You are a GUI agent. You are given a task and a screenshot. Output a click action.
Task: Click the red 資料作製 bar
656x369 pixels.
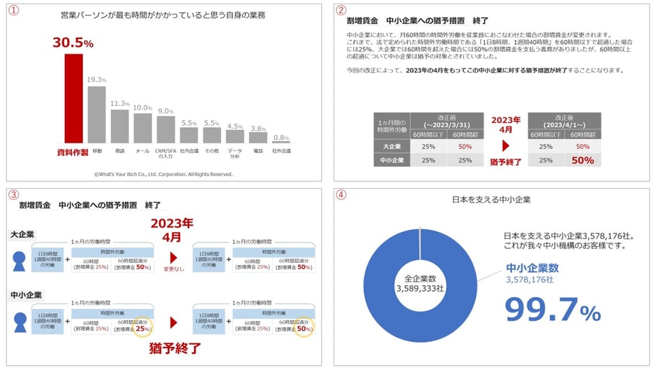tap(73, 97)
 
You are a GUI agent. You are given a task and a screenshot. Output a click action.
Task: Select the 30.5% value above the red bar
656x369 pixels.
tap(73, 43)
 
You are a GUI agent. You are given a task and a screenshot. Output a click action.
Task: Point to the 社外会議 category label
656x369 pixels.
tap(281, 150)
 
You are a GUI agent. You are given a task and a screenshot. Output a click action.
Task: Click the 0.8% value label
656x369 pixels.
tap(281, 138)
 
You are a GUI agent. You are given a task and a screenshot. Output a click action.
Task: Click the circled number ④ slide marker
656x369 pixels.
tap(341, 196)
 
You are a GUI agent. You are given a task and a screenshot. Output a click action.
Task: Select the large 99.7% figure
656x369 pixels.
tap(552, 310)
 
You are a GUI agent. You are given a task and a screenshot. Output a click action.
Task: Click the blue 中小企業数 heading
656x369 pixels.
tap(532, 268)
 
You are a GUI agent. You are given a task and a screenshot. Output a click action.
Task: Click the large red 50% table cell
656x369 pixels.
tap(583, 160)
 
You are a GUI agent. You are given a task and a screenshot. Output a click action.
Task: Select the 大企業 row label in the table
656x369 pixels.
tap(392, 147)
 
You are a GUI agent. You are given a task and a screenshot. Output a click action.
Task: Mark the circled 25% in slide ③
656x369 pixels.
tap(142, 328)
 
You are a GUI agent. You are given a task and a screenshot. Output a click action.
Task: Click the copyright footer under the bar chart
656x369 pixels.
tap(163, 174)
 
